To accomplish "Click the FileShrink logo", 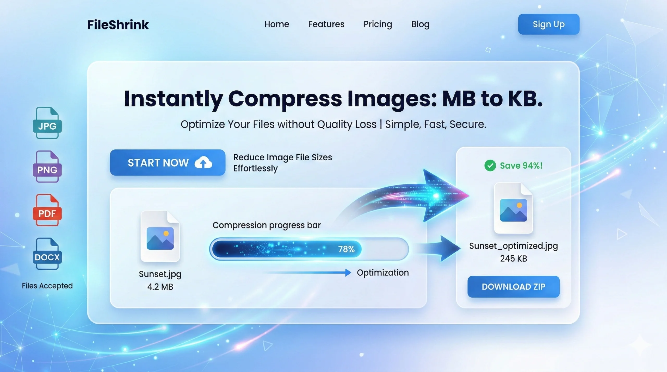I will (x=118, y=25).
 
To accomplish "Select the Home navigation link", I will (x=276, y=24).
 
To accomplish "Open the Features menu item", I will (x=326, y=24).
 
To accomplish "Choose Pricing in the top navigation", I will (x=378, y=24).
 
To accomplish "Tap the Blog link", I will (x=420, y=24).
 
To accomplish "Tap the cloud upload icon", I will (x=203, y=162).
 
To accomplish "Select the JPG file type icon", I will (x=47, y=123).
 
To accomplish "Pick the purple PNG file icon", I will (x=47, y=167).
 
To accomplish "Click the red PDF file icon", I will (x=47, y=210).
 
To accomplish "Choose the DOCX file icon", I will (x=47, y=254).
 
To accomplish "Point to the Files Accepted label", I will (x=47, y=286).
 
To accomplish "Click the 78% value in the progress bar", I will (x=346, y=249).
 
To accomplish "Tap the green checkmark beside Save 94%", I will (x=490, y=166).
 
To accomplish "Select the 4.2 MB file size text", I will (x=160, y=287).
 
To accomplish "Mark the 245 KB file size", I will (x=513, y=258).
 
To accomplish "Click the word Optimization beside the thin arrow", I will (x=382, y=273).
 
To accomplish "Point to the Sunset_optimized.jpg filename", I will (x=513, y=246).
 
